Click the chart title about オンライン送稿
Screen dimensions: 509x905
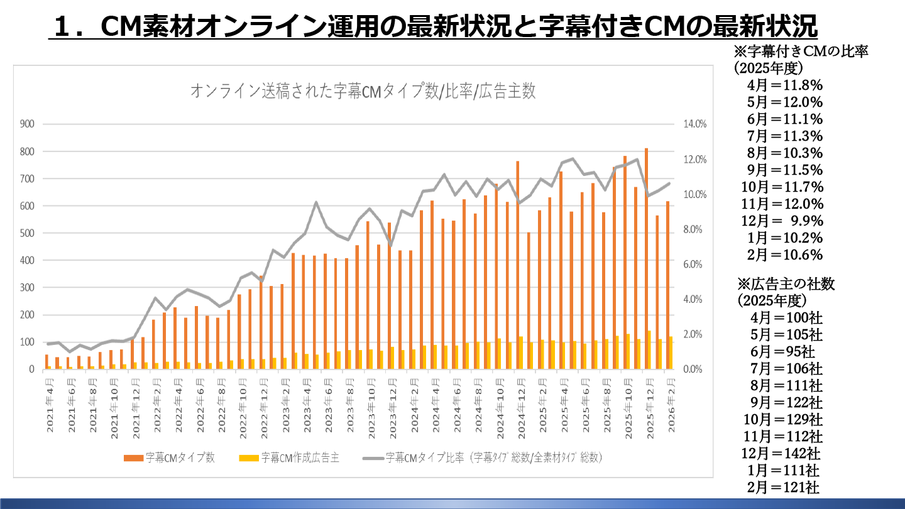point(363,91)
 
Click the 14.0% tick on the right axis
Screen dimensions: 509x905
point(695,124)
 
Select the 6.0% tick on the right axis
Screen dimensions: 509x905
point(694,265)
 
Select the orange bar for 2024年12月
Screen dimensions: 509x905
point(518,264)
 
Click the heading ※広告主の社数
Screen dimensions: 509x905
point(786,284)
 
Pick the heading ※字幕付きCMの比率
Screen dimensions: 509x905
point(801,52)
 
